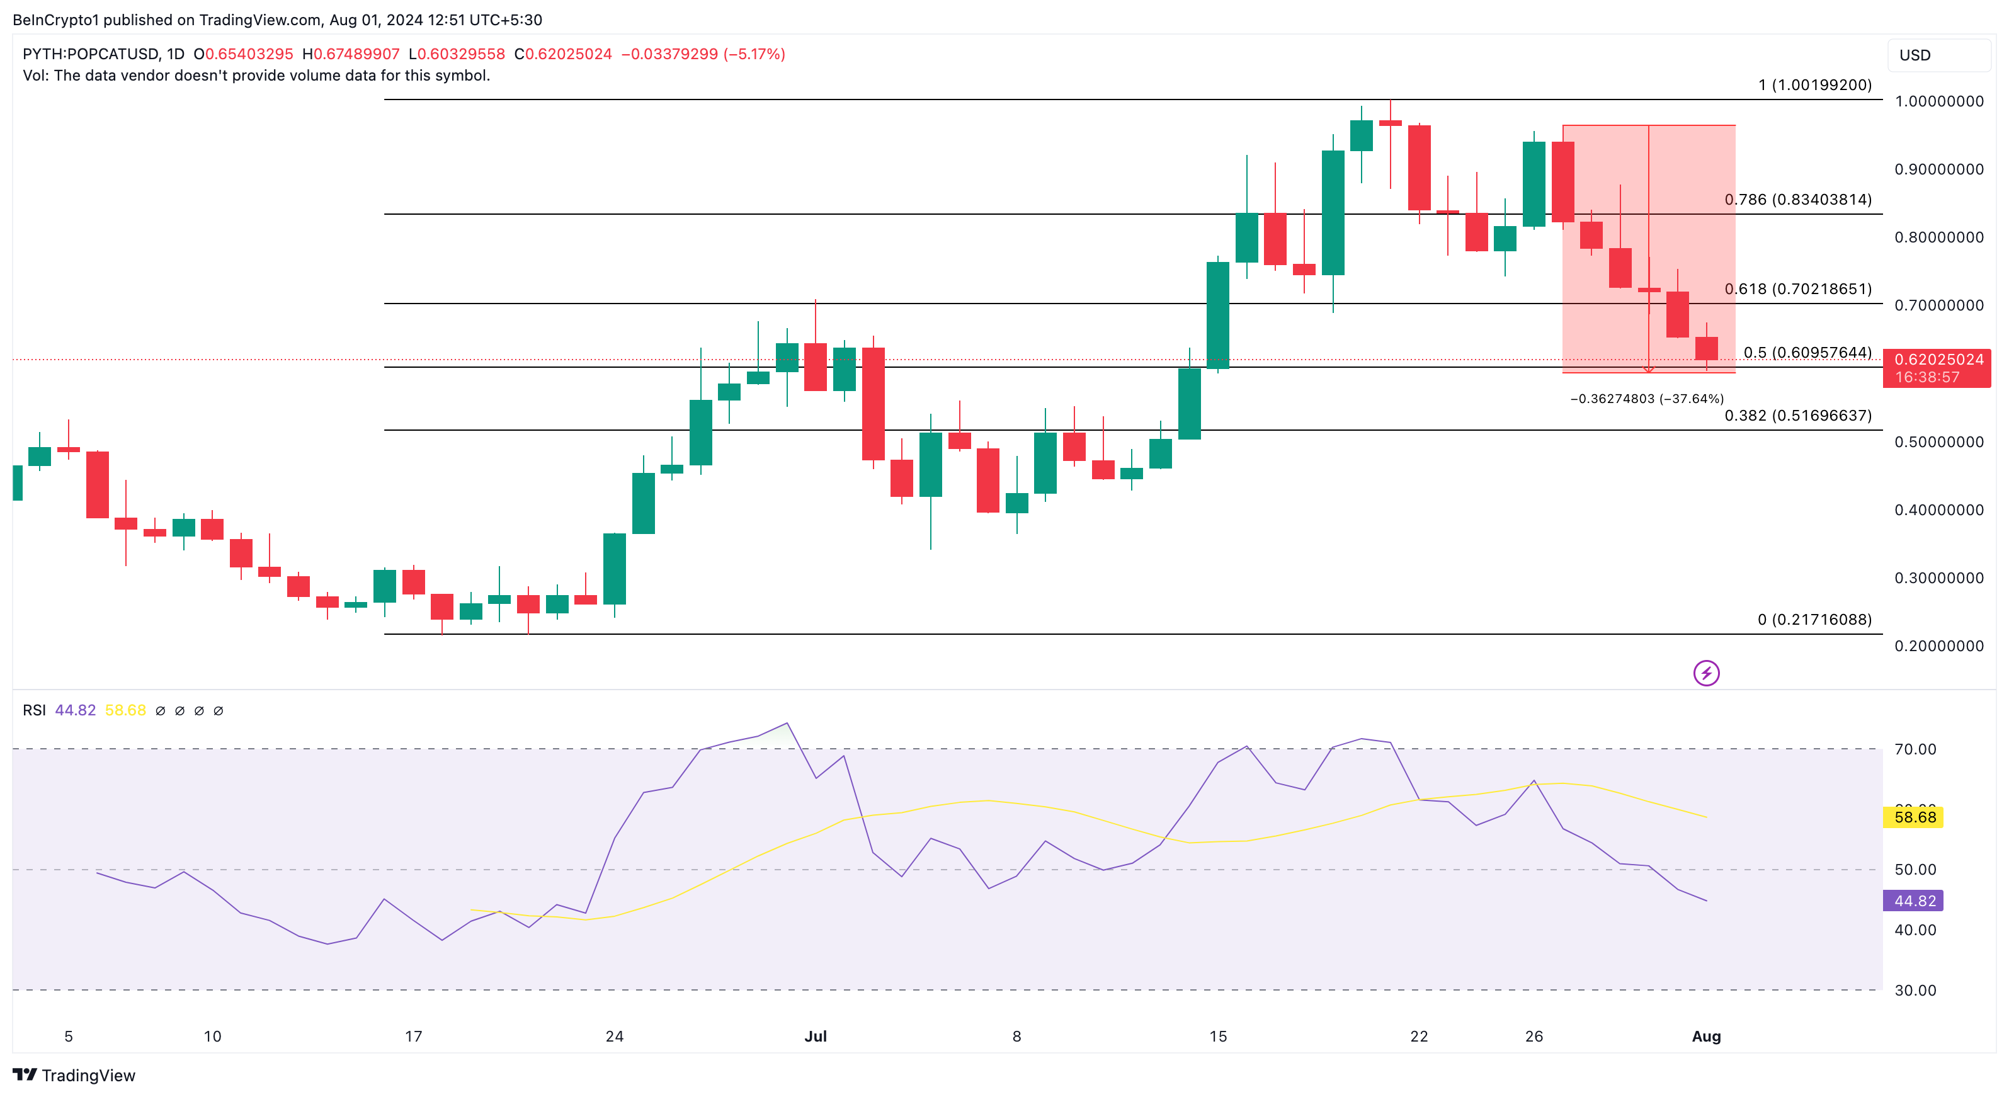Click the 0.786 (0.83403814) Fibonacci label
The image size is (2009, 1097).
pyautogui.click(x=1797, y=200)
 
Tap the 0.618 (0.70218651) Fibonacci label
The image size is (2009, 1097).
pyautogui.click(x=1797, y=289)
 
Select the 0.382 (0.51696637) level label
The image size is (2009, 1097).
pyautogui.click(x=1797, y=416)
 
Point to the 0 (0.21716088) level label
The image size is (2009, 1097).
pyautogui.click(x=1814, y=620)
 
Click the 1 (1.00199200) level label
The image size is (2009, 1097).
pyautogui.click(x=1814, y=85)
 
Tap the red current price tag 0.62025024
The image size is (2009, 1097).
pyautogui.click(x=1938, y=360)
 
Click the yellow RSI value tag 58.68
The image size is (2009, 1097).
pyautogui.click(x=1915, y=817)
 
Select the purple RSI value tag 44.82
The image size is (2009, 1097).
pyautogui.click(x=1914, y=901)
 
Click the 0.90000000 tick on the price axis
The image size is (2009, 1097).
pyautogui.click(x=1939, y=169)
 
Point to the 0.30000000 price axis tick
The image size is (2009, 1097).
pyautogui.click(x=1939, y=577)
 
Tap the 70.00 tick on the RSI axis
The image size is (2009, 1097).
pyautogui.click(x=1915, y=749)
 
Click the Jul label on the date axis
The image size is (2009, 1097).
pyautogui.click(x=816, y=1036)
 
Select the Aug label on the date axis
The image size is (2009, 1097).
pyautogui.click(x=1705, y=1036)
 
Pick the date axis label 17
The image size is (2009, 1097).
pyautogui.click(x=413, y=1036)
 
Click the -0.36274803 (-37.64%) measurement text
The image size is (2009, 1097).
pyautogui.click(x=1646, y=399)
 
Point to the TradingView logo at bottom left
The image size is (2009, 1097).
pyautogui.click(x=74, y=1075)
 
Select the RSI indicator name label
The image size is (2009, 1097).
pyautogui.click(x=33, y=710)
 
